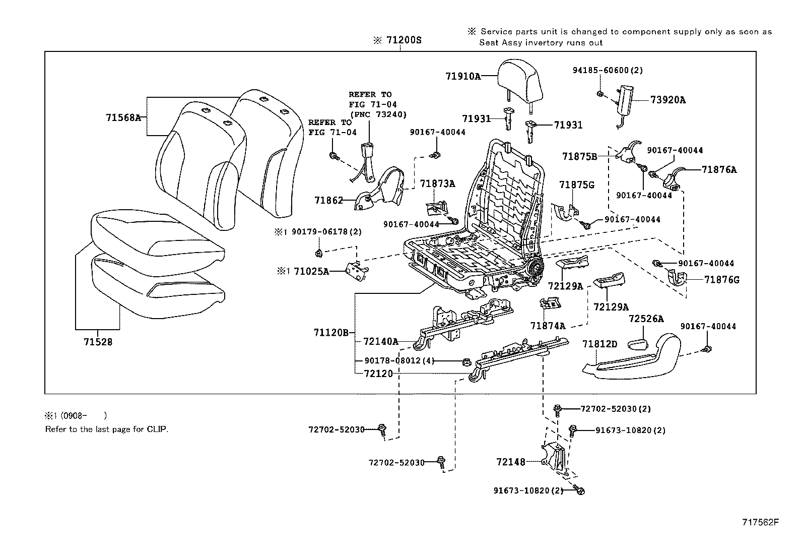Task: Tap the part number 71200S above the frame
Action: (x=403, y=40)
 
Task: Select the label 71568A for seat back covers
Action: (x=123, y=117)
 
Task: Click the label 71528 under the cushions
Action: (x=98, y=342)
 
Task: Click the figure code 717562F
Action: (x=760, y=522)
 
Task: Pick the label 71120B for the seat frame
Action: (x=330, y=332)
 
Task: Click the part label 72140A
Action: (x=380, y=342)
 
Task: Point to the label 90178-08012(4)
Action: (x=399, y=360)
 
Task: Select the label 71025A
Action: (x=311, y=271)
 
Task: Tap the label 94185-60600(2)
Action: (x=608, y=71)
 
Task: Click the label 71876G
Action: (x=721, y=279)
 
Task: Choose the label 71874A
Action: (x=548, y=326)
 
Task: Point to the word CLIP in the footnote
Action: (x=157, y=429)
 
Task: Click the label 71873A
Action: (x=437, y=184)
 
